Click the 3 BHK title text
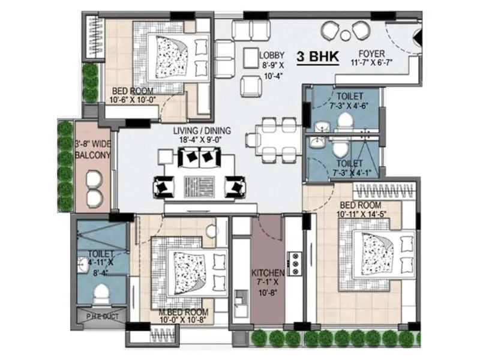318,58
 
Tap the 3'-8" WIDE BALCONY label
92,149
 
